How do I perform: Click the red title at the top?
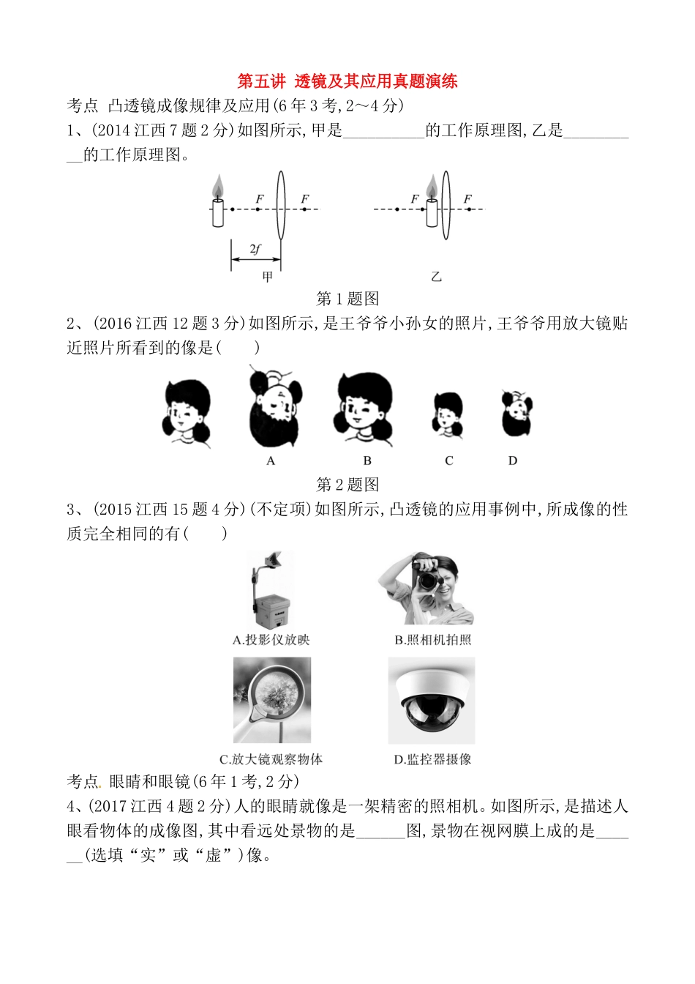[x=347, y=81]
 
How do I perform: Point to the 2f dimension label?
[x=255, y=249]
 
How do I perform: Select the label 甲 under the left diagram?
[x=268, y=277]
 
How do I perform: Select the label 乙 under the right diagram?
[x=436, y=277]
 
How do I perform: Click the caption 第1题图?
[x=347, y=299]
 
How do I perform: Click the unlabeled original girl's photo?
[x=187, y=412]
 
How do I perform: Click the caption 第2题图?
[x=347, y=485]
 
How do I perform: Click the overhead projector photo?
[x=271, y=589]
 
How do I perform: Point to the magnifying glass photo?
[x=272, y=700]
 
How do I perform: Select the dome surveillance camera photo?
[x=432, y=700]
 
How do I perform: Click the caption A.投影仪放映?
[x=271, y=640]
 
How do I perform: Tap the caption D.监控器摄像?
[x=432, y=759]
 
